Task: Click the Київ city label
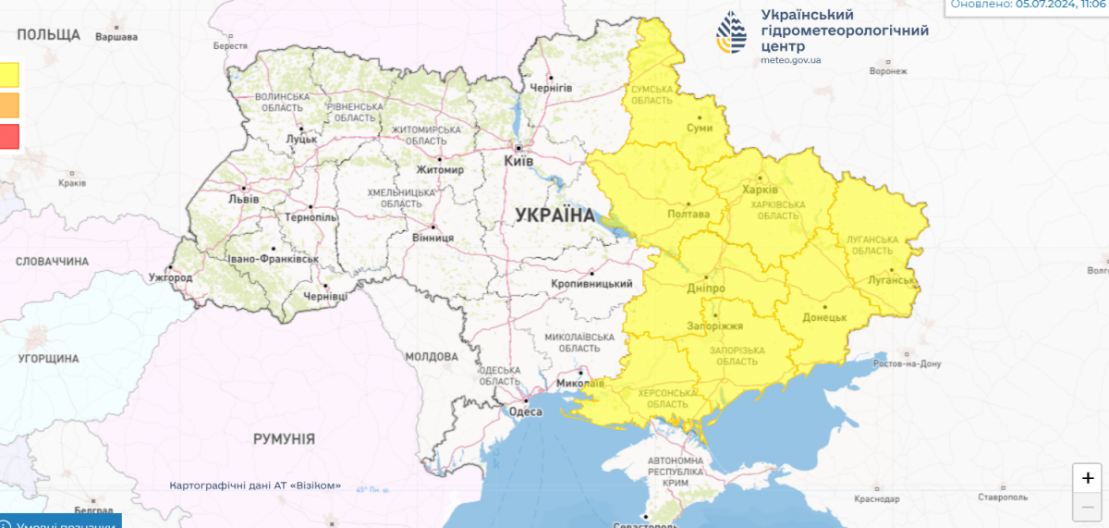[x=518, y=161]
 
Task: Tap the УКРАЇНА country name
[x=555, y=215]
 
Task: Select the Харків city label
[x=760, y=190]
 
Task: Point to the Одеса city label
[x=526, y=411]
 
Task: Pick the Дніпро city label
[x=705, y=289]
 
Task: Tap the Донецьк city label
[x=825, y=317]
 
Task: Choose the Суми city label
[x=701, y=129]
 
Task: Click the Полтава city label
[x=688, y=214]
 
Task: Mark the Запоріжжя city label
[x=714, y=326]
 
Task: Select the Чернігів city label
[x=551, y=88]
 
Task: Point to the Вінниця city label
[x=433, y=237]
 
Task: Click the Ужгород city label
[x=170, y=277]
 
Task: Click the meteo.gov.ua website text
[x=790, y=60]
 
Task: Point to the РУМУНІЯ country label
[x=285, y=438]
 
